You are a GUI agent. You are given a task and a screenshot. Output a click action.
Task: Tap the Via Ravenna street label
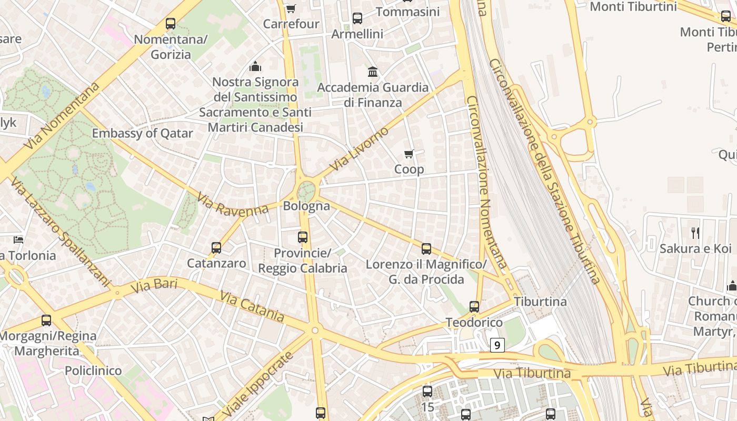[x=233, y=204]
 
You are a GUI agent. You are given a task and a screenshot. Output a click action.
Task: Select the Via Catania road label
[x=252, y=306]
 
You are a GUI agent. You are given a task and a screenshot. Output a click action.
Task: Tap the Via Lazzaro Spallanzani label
[x=61, y=232]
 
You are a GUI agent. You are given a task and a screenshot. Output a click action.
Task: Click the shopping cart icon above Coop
[x=409, y=154]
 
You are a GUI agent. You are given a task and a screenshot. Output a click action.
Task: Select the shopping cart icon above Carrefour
[x=291, y=8]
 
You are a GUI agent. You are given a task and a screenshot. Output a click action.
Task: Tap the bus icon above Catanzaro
[x=216, y=247]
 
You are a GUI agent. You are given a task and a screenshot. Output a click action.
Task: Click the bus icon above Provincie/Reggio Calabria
[x=302, y=237]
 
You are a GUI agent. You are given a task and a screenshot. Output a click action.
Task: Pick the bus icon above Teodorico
[x=474, y=306]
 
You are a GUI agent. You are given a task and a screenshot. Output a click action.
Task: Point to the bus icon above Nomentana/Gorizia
[x=170, y=23]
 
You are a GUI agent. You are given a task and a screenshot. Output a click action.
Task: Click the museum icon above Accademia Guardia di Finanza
[x=373, y=72]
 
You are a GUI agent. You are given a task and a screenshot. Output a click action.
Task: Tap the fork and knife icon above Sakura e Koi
[x=695, y=233]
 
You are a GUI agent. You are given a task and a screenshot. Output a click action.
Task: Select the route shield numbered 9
[x=497, y=345]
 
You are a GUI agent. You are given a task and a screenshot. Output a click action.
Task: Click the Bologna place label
[x=306, y=206]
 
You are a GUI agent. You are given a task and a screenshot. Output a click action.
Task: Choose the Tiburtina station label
[x=540, y=302]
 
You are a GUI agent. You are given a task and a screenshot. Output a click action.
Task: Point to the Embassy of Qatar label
[x=143, y=133]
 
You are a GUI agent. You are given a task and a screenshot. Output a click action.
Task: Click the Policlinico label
[x=93, y=370]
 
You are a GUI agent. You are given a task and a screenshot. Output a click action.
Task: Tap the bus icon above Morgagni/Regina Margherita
[x=46, y=320]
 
